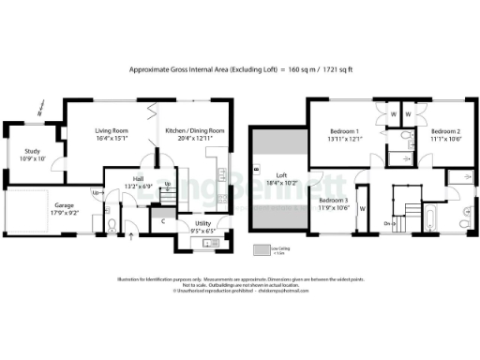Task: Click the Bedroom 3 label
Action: pos(333,203)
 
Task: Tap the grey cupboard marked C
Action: pos(165,220)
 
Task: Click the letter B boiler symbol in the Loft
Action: pos(255,169)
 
